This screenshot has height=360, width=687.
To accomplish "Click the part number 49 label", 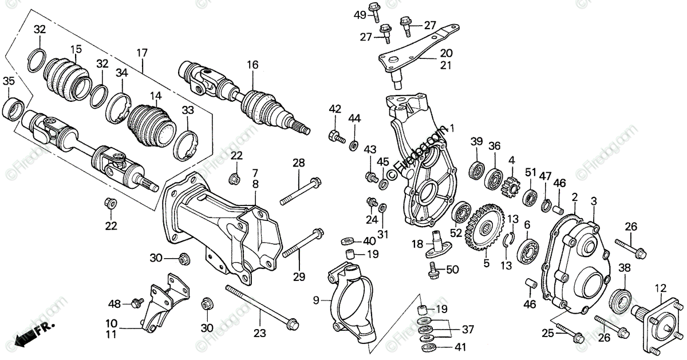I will (360, 14).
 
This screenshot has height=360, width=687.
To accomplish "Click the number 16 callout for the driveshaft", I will (252, 65).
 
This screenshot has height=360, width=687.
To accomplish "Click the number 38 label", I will (624, 267).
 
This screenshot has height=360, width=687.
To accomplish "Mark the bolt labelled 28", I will (301, 192).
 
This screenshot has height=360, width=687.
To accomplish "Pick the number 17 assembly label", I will (141, 53).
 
